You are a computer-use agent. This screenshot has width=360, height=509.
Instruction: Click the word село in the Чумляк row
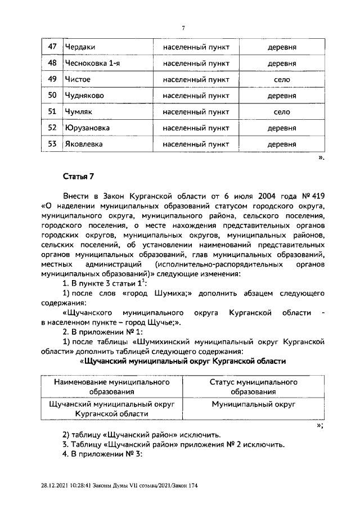click(281, 112)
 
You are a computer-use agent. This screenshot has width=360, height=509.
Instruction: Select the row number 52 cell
click(52, 128)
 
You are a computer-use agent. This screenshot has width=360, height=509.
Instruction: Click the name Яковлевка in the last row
click(83, 144)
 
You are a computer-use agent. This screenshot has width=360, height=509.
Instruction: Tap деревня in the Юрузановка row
click(281, 128)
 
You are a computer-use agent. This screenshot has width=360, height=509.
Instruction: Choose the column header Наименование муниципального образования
click(112, 387)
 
